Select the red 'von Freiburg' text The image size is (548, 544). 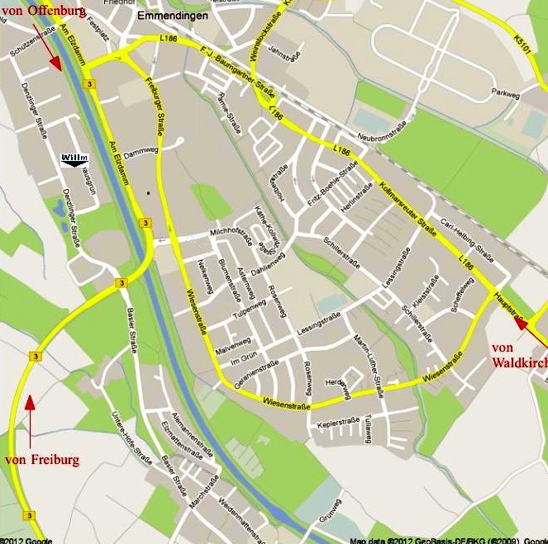point(42,459)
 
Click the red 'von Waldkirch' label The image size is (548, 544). point(518,355)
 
